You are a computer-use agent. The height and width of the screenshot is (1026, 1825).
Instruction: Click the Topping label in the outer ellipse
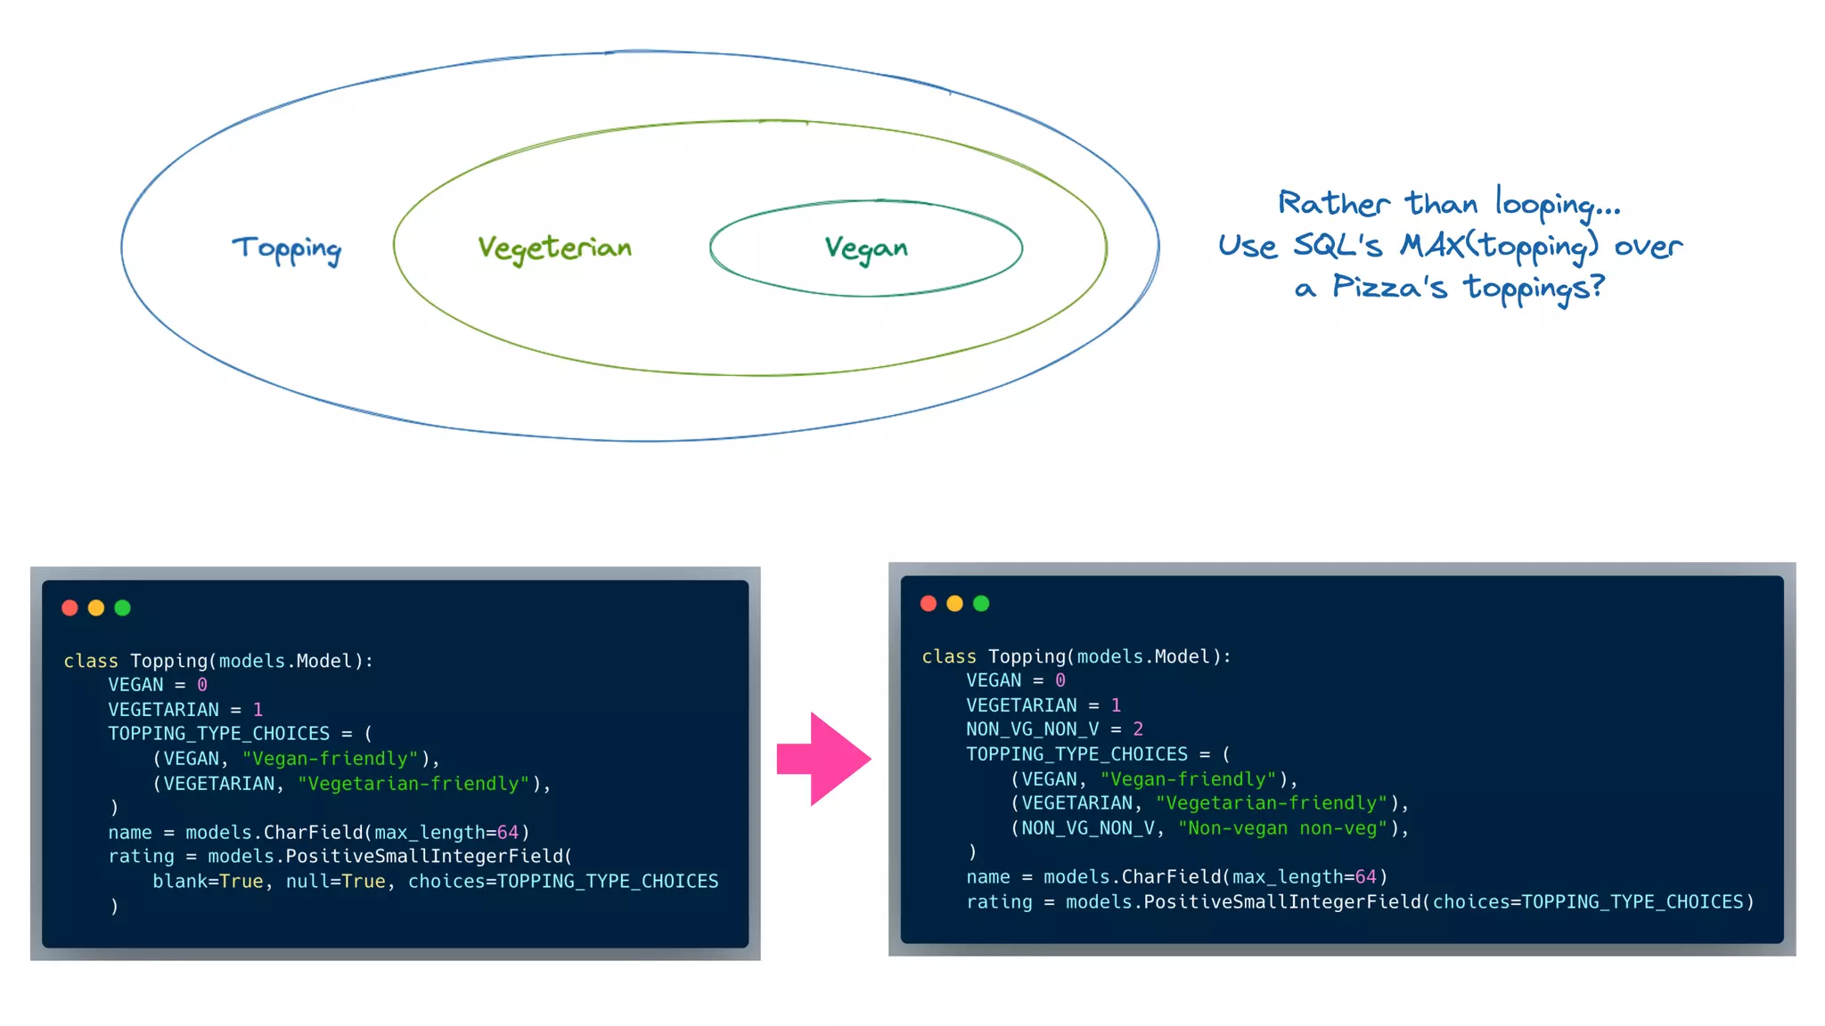[x=287, y=248]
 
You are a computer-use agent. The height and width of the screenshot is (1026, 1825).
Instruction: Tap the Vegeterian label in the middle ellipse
[x=554, y=248]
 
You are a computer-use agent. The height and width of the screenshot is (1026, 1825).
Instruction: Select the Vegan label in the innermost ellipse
[x=866, y=248]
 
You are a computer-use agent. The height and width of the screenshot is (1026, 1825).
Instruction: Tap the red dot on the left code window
[x=70, y=607]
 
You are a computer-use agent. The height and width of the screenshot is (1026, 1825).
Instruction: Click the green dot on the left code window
[x=123, y=607]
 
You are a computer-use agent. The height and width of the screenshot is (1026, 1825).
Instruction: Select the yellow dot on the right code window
[x=954, y=603]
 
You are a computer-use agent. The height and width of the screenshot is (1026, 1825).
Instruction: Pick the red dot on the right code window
[x=928, y=603]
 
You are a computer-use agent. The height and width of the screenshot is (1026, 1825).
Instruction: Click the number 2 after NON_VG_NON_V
[x=1138, y=729]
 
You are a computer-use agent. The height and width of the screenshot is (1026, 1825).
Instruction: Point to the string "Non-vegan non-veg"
[x=1282, y=828]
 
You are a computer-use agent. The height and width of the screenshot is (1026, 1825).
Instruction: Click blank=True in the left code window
[x=208, y=881]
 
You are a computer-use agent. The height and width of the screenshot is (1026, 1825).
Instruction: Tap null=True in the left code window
[x=335, y=881]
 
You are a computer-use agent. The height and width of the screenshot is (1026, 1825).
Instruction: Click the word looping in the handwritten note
[x=1558, y=204]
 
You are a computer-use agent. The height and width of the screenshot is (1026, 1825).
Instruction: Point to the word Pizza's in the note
[x=1389, y=288]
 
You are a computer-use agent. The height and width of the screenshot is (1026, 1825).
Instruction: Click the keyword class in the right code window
[x=949, y=656]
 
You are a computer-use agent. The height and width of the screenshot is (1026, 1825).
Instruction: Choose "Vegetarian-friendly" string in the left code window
[x=413, y=784]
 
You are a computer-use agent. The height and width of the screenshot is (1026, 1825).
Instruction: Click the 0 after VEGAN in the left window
[x=202, y=685]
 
